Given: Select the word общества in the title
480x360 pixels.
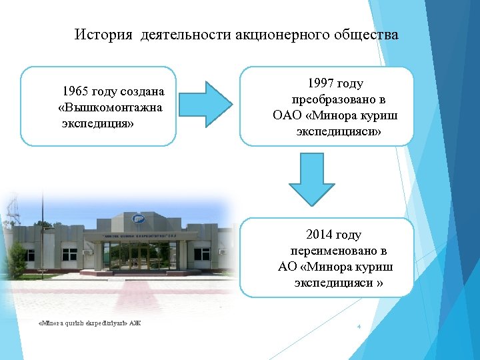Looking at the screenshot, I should pos(369,34).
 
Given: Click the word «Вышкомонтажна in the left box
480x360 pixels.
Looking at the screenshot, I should pos(110,107).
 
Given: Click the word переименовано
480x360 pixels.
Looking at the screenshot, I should pos(339,251).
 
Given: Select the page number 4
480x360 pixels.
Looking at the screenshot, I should pos(359,327).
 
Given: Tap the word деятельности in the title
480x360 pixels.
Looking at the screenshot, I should pos(185,34).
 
